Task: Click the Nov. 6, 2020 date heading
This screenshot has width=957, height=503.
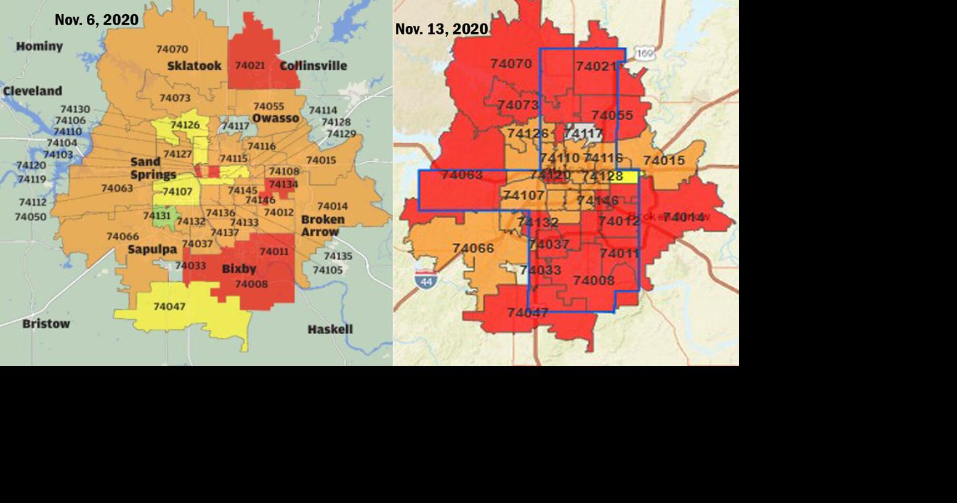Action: (97, 20)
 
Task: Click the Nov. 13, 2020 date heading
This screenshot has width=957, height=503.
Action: (442, 29)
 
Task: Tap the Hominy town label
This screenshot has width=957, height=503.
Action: (39, 46)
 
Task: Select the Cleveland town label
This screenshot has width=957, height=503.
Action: (33, 91)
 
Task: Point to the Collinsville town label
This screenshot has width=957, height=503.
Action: (313, 66)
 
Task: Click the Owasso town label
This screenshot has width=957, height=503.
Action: (275, 118)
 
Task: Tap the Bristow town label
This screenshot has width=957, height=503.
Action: (46, 324)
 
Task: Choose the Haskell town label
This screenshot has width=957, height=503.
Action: (330, 329)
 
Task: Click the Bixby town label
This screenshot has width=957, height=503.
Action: (239, 269)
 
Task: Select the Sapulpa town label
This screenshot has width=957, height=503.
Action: (152, 250)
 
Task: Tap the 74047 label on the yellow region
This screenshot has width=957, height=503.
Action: (169, 306)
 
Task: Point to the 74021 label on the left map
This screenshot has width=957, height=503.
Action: (250, 65)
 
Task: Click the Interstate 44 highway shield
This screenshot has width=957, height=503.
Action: (426, 280)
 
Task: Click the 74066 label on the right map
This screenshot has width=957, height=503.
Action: (473, 248)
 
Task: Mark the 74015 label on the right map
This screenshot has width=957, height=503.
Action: (664, 161)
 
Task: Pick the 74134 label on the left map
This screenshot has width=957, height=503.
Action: (283, 184)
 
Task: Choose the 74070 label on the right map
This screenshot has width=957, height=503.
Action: (511, 63)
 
